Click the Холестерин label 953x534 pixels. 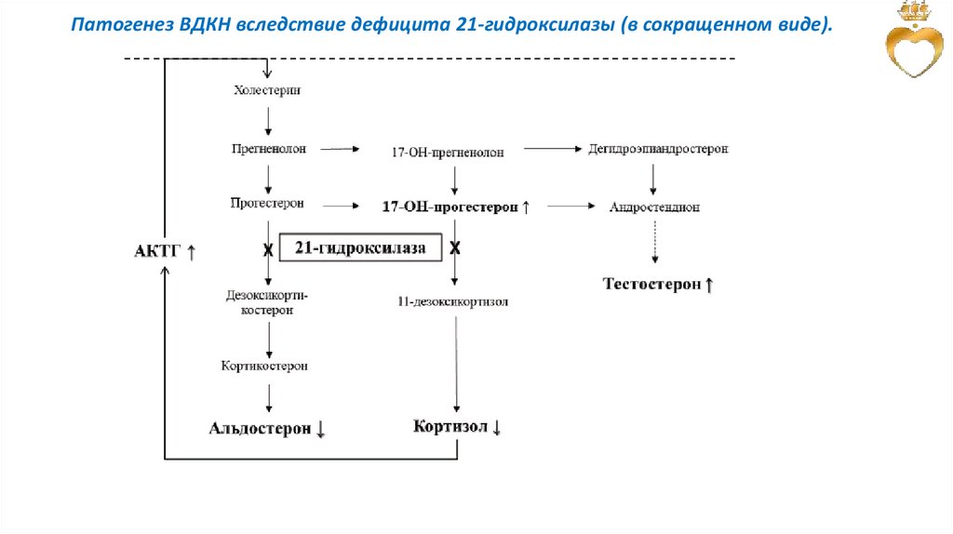(268, 90)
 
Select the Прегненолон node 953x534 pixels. (268, 148)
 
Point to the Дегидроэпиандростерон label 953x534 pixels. (658, 149)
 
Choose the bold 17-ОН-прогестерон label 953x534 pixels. (450, 207)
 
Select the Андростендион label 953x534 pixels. (654, 207)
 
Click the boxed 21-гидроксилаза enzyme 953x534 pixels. (360, 248)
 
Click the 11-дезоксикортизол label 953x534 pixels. (452, 301)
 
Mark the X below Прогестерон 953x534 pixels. (268, 249)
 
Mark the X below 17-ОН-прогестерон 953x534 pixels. (455, 248)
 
